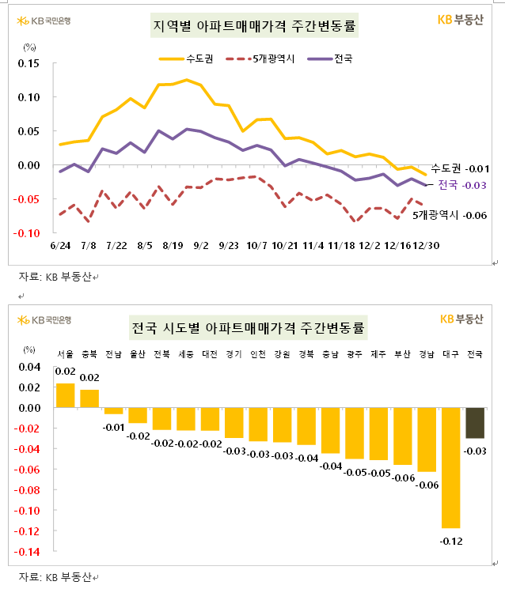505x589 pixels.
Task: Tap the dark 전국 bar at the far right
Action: click(475, 422)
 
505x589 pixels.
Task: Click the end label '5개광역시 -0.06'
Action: click(451, 215)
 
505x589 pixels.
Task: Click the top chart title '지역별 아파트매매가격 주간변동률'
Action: click(253, 27)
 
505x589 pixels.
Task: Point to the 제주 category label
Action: click(378, 354)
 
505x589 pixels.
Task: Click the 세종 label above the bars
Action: click(186, 354)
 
